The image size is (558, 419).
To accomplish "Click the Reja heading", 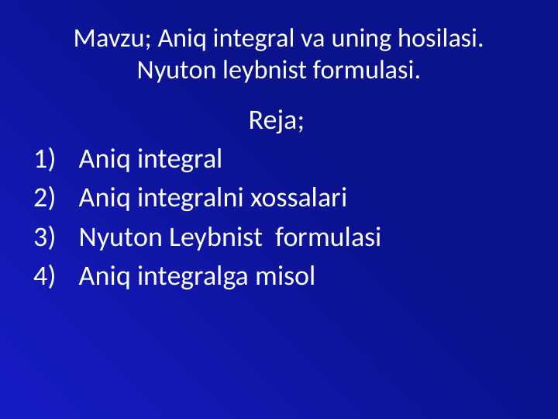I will pyautogui.click(x=275, y=122).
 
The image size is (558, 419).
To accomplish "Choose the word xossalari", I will pyautogui.click(x=298, y=199).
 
